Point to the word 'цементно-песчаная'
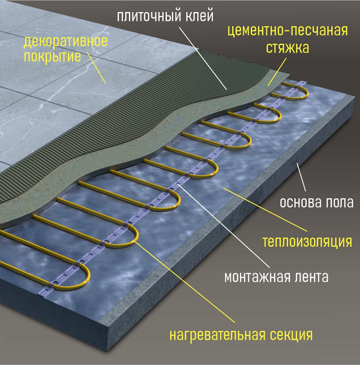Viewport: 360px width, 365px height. click(x=288, y=30)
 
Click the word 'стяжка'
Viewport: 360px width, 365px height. click(x=289, y=48)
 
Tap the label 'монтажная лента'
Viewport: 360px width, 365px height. click(x=277, y=277)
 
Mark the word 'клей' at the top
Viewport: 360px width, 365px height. click(x=201, y=16)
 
